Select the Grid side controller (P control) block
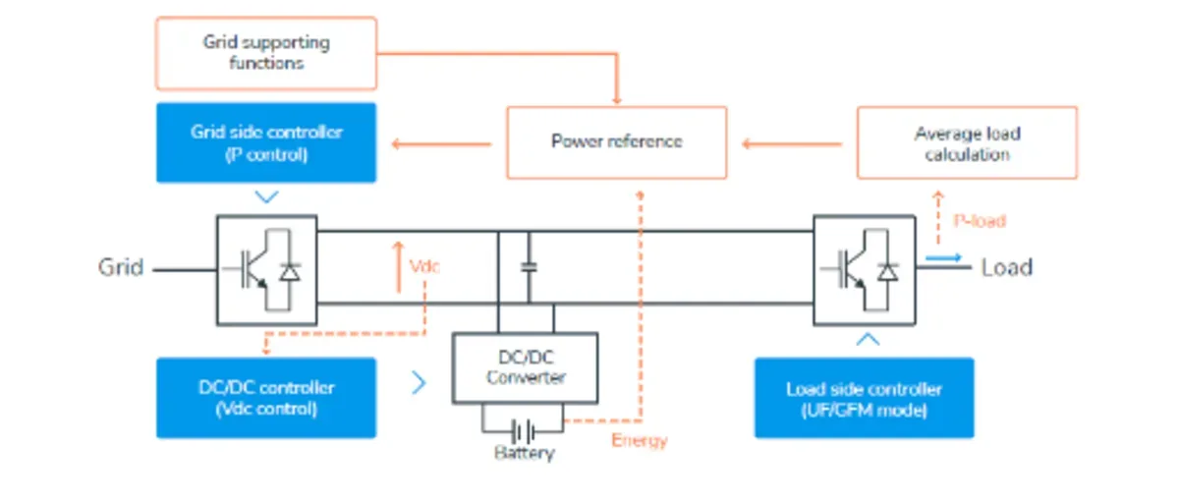click(x=266, y=142)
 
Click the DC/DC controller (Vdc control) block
click(x=266, y=398)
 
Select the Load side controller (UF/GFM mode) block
click(x=865, y=398)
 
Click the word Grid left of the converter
click(x=121, y=267)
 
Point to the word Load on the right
click(x=1007, y=267)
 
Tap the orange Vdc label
click(x=424, y=266)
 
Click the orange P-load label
click(x=980, y=220)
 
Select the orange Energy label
click(x=640, y=440)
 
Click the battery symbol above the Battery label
click(x=523, y=432)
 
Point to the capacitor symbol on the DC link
click(x=529, y=267)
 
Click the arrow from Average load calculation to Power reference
click(x=792, y=143)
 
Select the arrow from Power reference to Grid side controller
click(x=441, y=143)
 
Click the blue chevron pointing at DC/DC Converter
click(x=419, y=382)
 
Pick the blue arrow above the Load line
click(x=944, y=257)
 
